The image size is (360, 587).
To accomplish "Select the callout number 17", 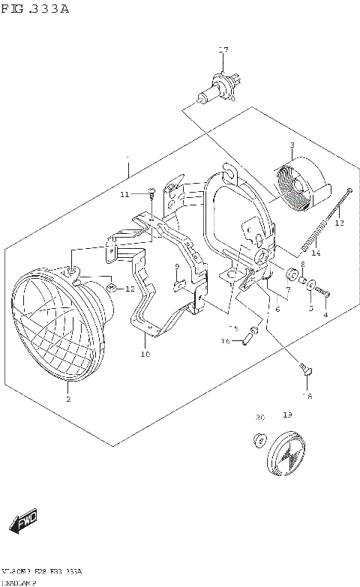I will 222,50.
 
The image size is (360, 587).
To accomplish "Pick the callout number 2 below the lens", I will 68,400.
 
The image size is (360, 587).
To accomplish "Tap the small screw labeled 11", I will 151,194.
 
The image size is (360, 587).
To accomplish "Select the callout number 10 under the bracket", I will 145,354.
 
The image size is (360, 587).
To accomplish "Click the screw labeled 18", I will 305,370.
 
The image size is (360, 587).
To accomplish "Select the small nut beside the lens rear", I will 109,288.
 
